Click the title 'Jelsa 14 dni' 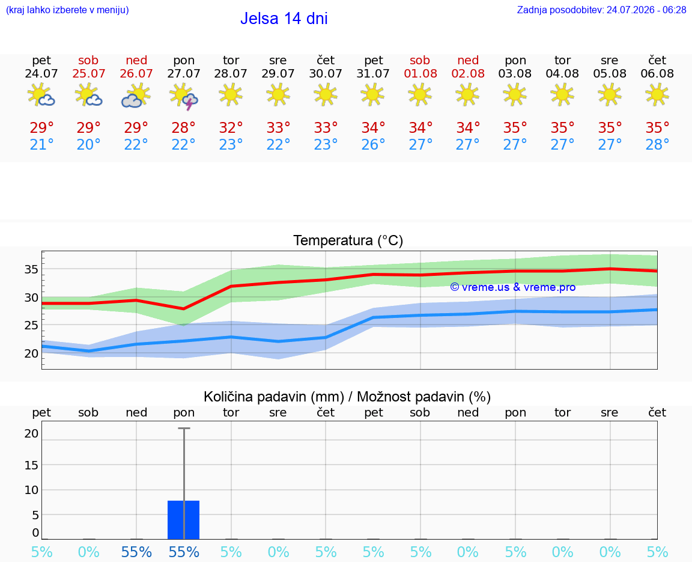[284, 19]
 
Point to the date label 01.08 [420, 73]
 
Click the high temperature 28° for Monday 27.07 [183, 127]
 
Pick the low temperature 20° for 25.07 [88, 144]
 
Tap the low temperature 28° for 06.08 [657, 144]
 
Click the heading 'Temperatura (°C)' [348, 240]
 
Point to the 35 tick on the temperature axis [31, 269]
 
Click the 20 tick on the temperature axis [31, 353]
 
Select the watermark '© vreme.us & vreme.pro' [513, 287]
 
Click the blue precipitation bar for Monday [184, 520]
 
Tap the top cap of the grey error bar [184, 429]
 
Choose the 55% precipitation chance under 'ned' [136, 552]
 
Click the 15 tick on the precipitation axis [31, 465]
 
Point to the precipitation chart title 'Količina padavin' [274, 397]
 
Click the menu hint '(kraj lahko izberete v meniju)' [67, 10]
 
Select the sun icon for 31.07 [373, 95]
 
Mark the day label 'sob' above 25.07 [88, 60]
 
